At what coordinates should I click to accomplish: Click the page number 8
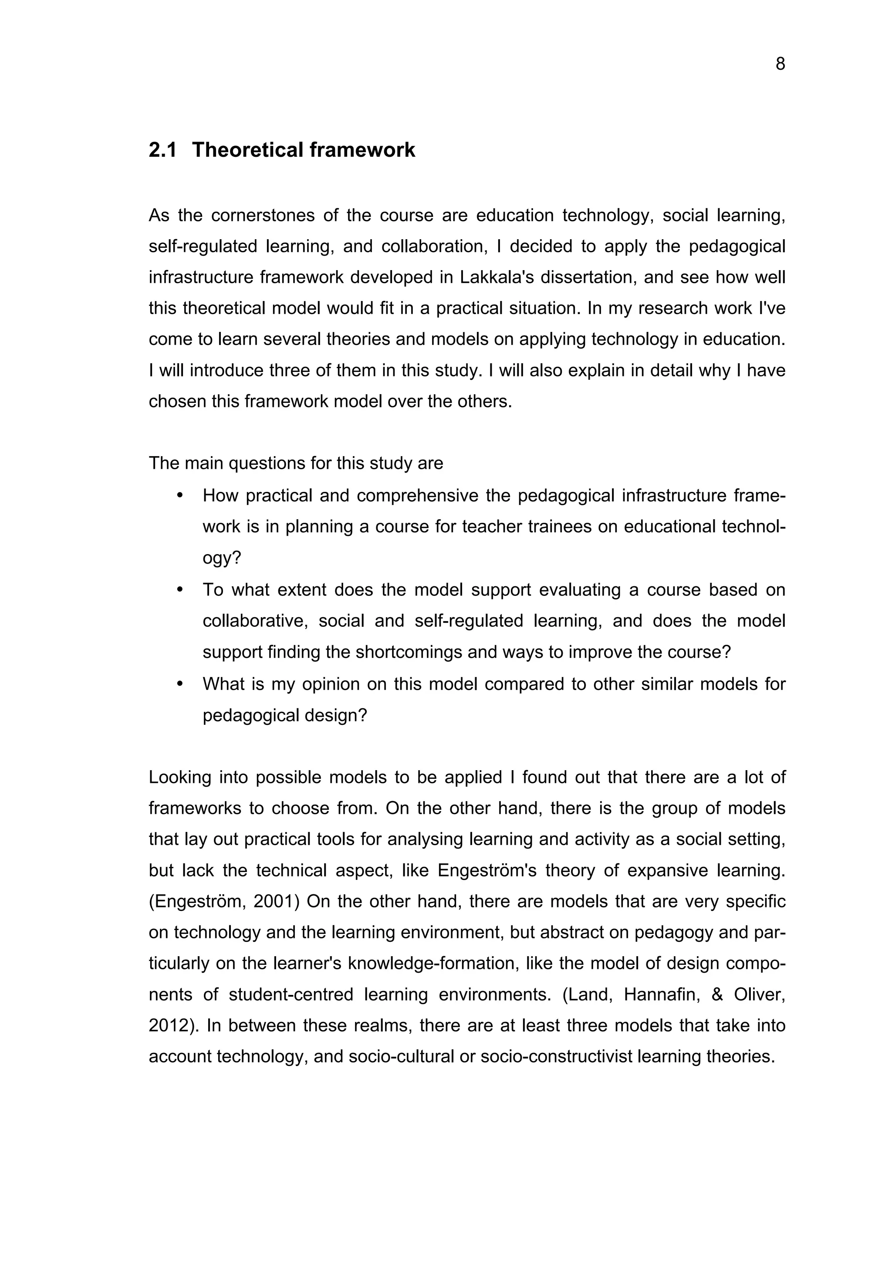[x=780, y=64]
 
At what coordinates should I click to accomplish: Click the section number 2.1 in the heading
[x=163, y=150]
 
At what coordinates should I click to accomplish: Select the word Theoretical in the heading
[x=247, y=150]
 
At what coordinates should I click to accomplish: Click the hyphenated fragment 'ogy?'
[x=222, y=558]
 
